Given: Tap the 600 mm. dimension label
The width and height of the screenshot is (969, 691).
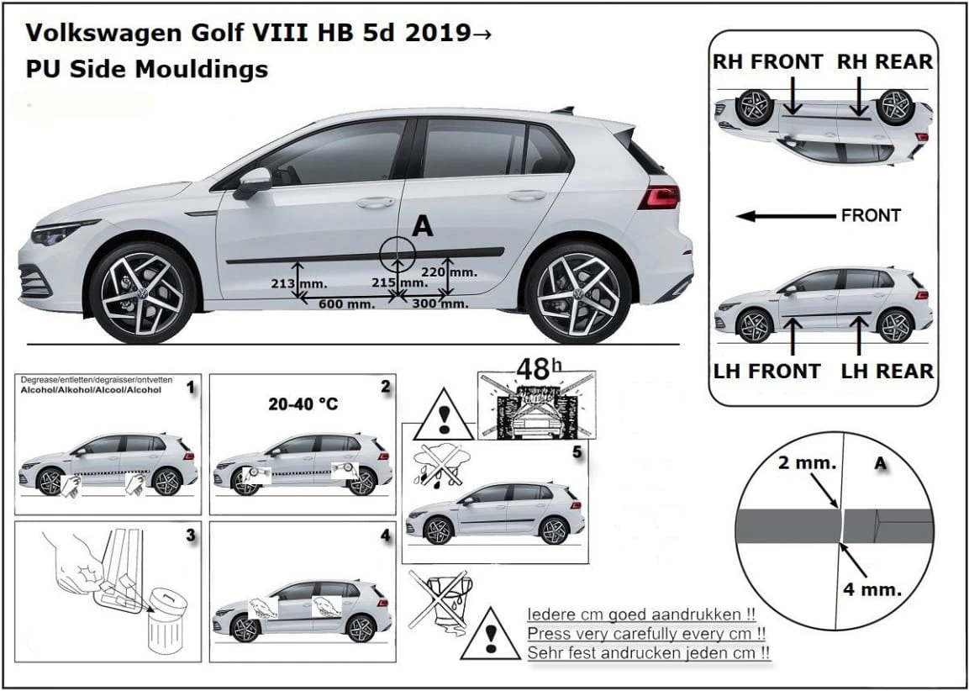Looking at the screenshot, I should tap(346, 303).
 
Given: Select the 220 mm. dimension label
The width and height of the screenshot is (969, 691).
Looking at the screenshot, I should tap(461, 272).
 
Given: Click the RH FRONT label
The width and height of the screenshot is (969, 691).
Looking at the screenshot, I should tap(768, 61).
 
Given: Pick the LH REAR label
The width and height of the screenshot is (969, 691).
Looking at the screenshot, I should tap(887, 371).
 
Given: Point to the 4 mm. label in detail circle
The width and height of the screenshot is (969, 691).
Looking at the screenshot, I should tap(872, 588).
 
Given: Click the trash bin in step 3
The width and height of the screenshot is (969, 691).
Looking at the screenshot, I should tap(166, 621).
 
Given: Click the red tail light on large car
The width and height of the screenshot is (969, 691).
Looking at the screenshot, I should tap(658, 198).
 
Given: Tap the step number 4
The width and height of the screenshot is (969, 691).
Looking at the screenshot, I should tap(385, 534).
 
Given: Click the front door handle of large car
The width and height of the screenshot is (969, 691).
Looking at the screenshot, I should tap(376, 202).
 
